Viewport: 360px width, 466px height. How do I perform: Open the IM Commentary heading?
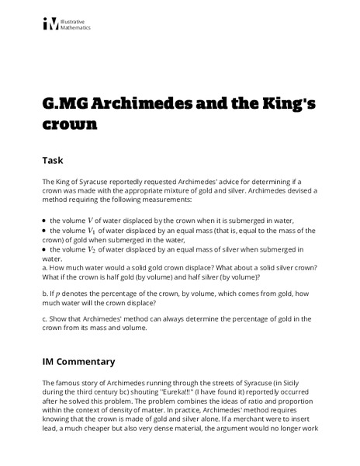click(x=79, y=361)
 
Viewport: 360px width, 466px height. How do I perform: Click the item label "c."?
click(x=46, y=319)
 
